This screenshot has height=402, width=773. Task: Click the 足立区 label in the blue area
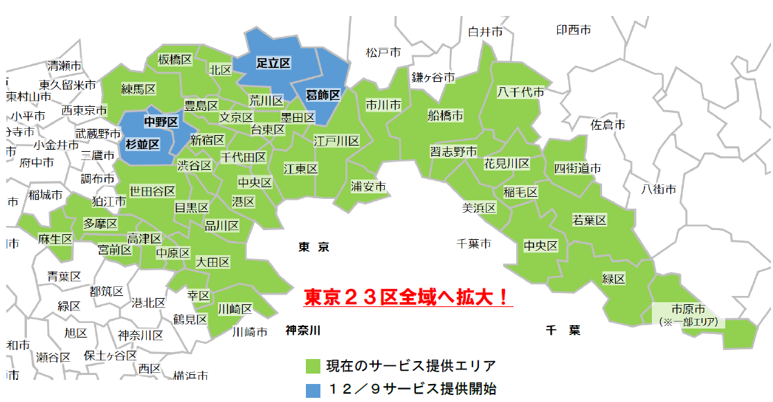click(273, 63)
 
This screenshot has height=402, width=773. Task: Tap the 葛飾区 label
click(322, 96)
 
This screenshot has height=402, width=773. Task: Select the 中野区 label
click(161, 122)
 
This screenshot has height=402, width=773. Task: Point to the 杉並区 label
click(143, 144)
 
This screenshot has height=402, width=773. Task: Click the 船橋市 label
click(446, 116)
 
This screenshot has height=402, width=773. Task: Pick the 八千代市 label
click(520, 91)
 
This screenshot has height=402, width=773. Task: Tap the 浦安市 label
click(368, 186)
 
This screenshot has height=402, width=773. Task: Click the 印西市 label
click(574, 30)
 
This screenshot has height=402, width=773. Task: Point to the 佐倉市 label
click(608, 125)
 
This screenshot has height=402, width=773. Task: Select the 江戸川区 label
click(336, 141)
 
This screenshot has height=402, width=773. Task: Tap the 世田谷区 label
click(152, 191)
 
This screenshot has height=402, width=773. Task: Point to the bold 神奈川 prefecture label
click(303, 331)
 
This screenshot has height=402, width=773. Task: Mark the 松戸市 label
click(383, 53)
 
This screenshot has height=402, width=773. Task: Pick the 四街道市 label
click(577, 168)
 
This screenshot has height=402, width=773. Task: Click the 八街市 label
click(658, 189)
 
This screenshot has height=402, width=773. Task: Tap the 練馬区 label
click(138, 89)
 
